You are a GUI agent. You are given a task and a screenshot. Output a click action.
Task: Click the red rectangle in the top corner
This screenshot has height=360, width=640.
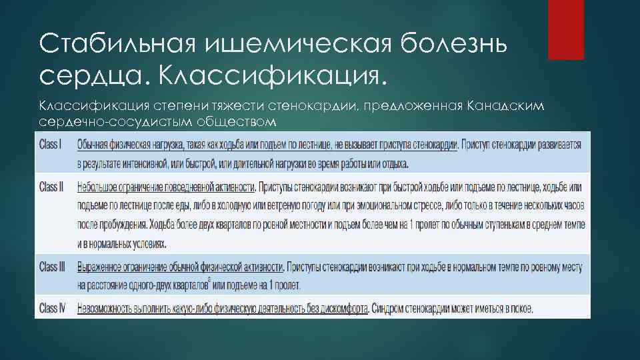pyautogui.click(x=565, y=30)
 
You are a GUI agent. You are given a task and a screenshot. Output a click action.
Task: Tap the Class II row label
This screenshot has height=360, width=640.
pyautogui.click(x=51, y=187)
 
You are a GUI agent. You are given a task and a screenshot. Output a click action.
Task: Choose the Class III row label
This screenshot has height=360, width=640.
pyautogui.click(x=53, y=267)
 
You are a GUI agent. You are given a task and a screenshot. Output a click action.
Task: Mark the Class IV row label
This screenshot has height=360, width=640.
pyautogui.click(x=53, y=309)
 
